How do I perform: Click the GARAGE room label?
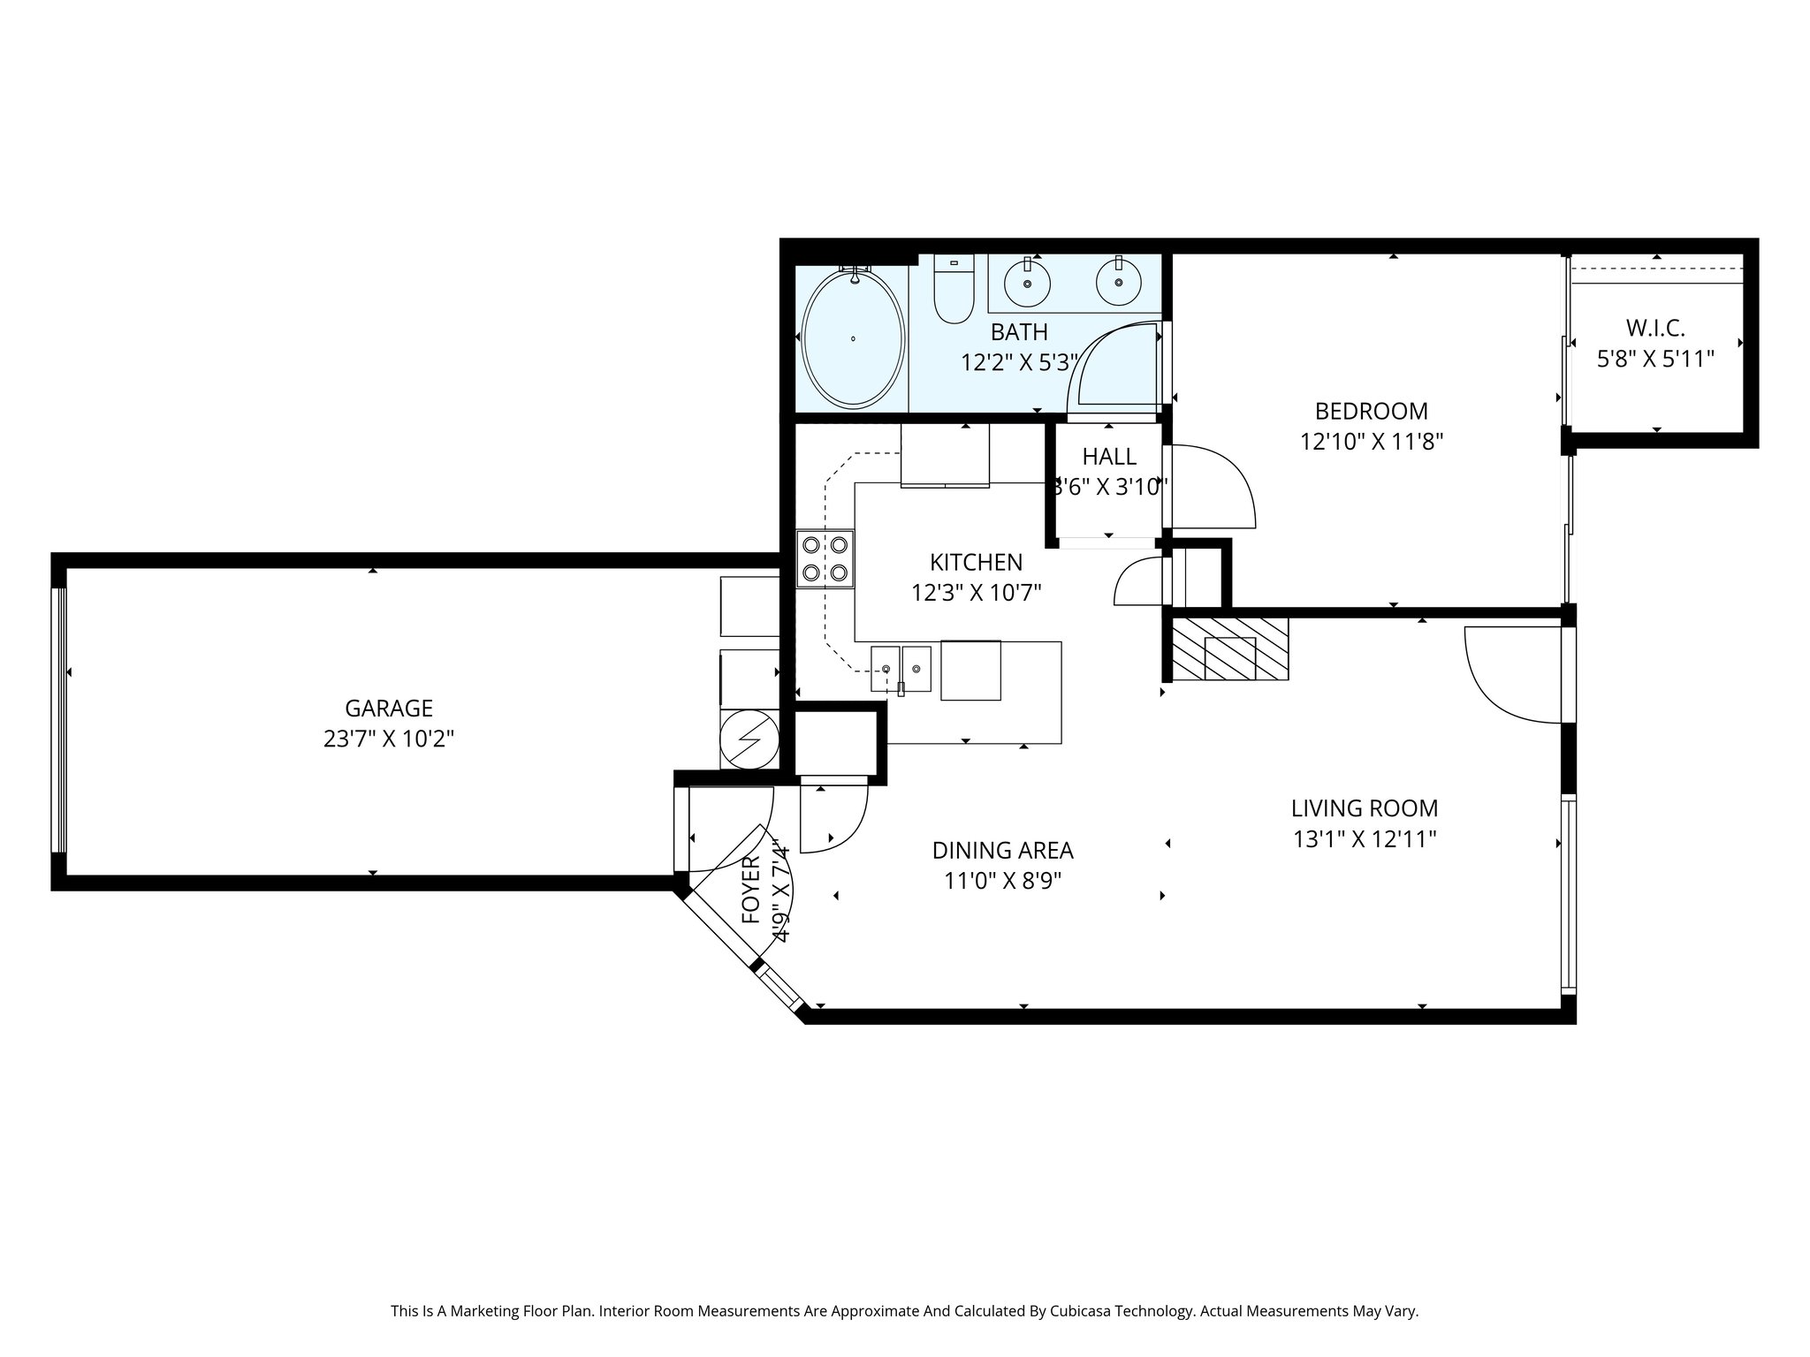coord(389,709)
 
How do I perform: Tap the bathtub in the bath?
coord(853,339)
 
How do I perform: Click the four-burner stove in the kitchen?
coord(825,558)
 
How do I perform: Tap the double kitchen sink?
coord(901,670)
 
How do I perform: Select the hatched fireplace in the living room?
coord(1230,649)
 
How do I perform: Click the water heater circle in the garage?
coord(749,739)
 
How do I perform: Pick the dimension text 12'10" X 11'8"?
coord(1372,442)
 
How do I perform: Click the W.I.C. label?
coord(1655,329)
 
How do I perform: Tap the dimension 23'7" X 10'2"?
coord(389,739)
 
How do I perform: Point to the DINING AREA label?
coord(1003,851)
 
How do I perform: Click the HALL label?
coord(1109,457)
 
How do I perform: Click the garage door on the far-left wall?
coord(59,720)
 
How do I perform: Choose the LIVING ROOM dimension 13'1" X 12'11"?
coord(1365,839)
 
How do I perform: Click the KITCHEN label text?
coord(976,562)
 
